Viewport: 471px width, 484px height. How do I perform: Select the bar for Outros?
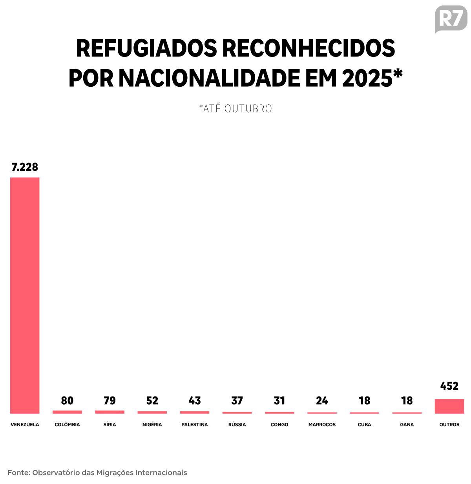pyautogui.click(x=449, y=406)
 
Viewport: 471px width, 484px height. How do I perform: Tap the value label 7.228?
pyautogui.click(x=25, y=167)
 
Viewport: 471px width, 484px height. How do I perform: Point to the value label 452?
pyautogui.click(x=449, y=386)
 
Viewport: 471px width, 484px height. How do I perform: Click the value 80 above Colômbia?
pyautogui.click(x=67, y=400)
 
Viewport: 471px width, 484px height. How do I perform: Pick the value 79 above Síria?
pyautogui.click(x=110, y=400)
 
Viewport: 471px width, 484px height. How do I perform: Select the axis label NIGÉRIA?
pyautogui.click(x=152, y=424)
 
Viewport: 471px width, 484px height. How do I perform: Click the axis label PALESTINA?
pyautogui.click(x=195, y=424)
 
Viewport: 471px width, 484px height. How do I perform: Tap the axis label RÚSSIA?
pyautogui.click(x=237, y=424)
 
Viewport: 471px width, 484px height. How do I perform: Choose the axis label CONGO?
pyautogui.click(x=279, y=424)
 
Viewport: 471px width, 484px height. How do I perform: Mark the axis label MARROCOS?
pyautogui.click(x=322, y=424)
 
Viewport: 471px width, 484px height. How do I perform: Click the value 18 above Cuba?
pyautogui.click(x=364, y=400)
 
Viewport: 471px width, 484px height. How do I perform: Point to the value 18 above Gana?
pyautogui.click(x=407, y=400)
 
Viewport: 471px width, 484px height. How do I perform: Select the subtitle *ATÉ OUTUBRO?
pyautogui.click(x=235, y=109)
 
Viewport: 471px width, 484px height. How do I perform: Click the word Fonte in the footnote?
pyautogui.click(x=18, y=473)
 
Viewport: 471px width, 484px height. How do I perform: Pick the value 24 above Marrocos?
pyautogui.click(x=322, y=400)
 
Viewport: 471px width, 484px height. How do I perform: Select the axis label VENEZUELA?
pyautogui.click(x=25, y=424)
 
